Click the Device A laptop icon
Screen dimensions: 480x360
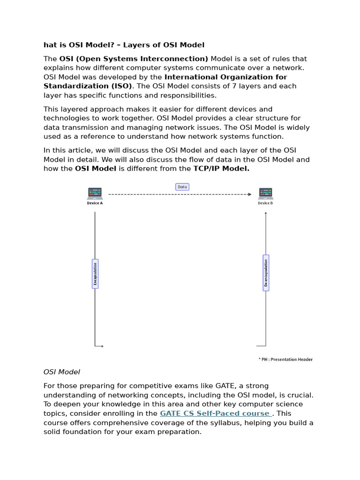pyautogui.click(x=95, y=193)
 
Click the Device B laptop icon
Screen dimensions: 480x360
pyautogui.click(x=265, y=193)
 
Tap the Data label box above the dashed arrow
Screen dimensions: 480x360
pyautogui.click(x=182, y=187)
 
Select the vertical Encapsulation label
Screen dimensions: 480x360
pyautogui.click(x=95, y=273)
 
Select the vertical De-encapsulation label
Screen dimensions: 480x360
pyautogui.click(x=266, y=273)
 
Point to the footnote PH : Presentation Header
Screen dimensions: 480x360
pyautogui.click(x=285, y=360)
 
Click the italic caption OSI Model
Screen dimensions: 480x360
pyautogui.click(x=62, y=372)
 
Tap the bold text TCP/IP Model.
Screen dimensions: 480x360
pyautogui.click(x=221, y=168)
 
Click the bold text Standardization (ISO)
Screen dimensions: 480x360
pyautogui.click(x=88, y=86)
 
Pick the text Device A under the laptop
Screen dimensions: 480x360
pyautogui.click(x=95, y=203)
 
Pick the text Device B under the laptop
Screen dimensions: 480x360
pyautogui.click(x=265, y=203)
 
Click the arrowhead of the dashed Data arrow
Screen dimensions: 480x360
pyautogui.click(x=250, y=194)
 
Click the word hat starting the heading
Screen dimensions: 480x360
pyautogui.click(x=50, y=45)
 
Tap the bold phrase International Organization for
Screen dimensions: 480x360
pyautogui.click(x=225, y=77)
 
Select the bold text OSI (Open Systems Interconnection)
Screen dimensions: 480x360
pyautogui.click(x=134, y=59)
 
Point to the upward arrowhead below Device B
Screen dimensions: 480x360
pyautogui.click(x=266, y=213)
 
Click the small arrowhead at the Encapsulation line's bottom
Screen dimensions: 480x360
pyautogui.click(x=102, y=346)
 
